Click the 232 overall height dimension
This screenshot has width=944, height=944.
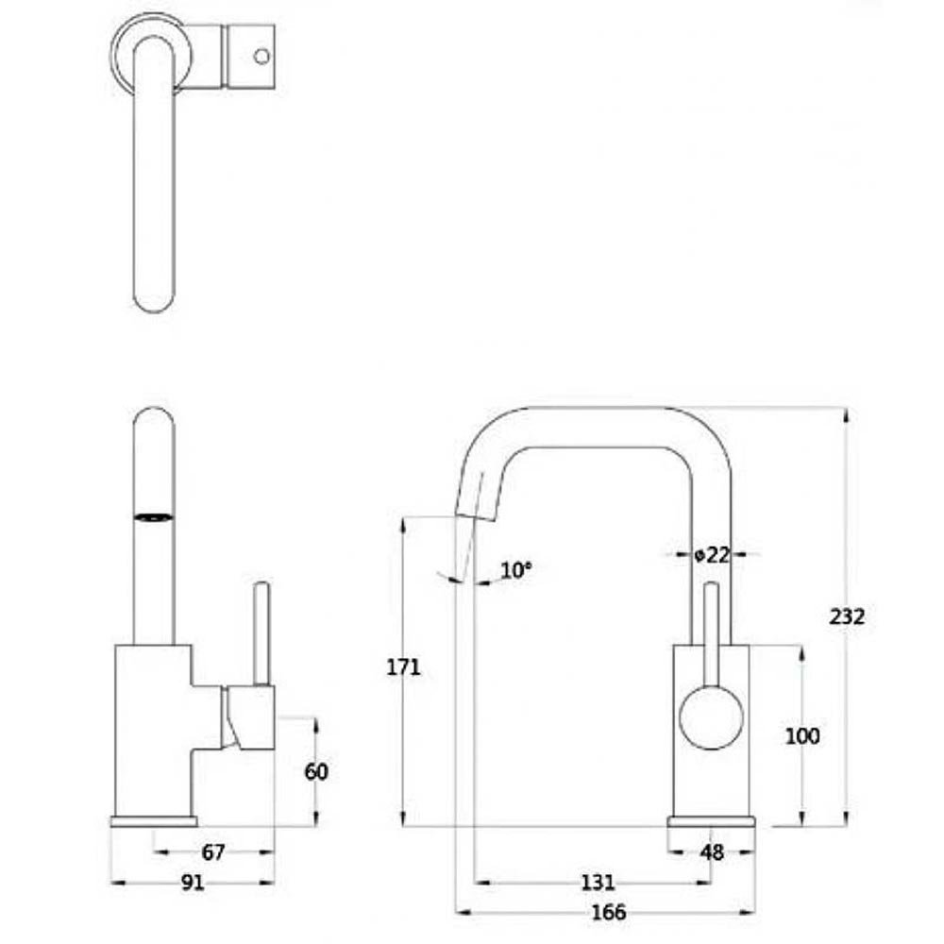847,616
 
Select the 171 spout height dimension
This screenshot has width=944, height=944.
403,667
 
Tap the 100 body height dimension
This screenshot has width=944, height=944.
802,735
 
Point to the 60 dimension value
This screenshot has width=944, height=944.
316,771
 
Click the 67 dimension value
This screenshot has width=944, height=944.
213,851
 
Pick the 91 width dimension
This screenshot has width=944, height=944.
193,883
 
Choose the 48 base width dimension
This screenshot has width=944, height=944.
712,851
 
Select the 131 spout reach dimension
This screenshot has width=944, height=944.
598,883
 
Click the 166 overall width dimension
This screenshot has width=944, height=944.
609,912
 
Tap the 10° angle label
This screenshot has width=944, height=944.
516,569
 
